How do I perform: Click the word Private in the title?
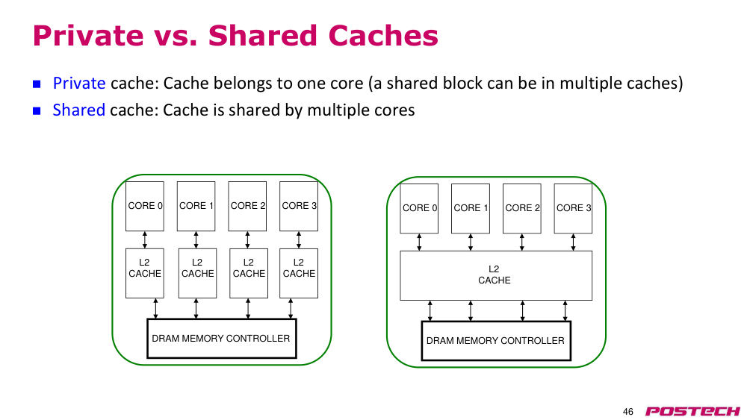88,36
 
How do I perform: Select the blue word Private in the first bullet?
79,84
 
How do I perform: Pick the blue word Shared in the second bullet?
78,110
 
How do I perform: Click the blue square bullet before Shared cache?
37,111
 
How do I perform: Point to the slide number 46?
628,412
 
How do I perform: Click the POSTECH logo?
692,411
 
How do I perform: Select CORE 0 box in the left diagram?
145,207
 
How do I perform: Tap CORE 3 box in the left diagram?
299,207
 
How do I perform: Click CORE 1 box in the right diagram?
471,209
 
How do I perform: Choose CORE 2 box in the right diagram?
522,209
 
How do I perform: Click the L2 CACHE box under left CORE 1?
197,274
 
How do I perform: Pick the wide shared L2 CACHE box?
496,276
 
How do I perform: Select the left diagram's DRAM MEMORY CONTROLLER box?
222,339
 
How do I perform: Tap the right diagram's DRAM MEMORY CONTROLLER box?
497,341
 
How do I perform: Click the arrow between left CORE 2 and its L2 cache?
247,240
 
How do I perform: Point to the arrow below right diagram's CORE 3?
573,242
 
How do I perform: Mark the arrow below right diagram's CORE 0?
419,242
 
